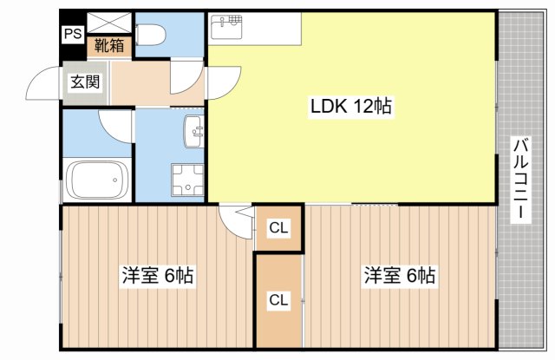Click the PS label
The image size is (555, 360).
(73, 34)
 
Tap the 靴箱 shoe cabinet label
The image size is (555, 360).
(109, 45)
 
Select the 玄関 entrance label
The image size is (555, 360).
(85, 82)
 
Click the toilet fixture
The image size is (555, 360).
(151, 35)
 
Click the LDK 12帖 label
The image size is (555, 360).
(350, 106)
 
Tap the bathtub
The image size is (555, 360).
(98, 180)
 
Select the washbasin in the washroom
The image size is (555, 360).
(193, 132)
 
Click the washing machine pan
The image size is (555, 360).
(187, 180)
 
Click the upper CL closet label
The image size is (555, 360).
(279, 227)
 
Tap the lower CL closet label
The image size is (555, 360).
(279, 300)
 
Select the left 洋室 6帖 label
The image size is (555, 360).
(158, 275)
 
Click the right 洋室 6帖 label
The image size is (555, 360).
(400, 275)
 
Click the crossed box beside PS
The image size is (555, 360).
(109, 23)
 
